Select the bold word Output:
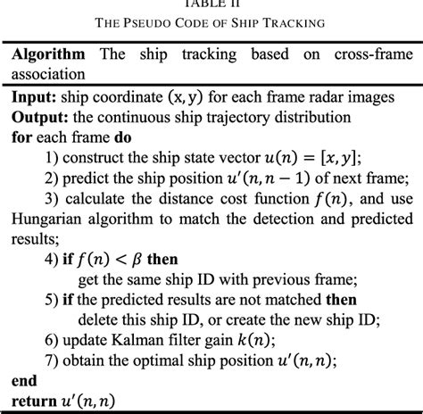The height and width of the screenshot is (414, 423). (x=41, y=116)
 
